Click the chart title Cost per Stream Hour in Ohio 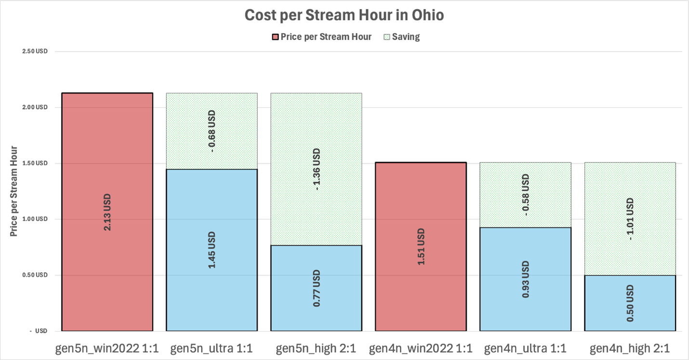tap(344, 15)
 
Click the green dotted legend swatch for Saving tap(387, 37)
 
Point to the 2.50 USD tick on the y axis tap(35, 52)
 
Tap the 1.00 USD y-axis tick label tap(35, 219)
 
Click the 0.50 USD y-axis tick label tap(35, 275)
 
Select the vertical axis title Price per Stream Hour tap(14, 191)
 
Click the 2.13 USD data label tap(107, 212)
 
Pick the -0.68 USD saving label tap(212, 131)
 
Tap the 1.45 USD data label tap(212, 250)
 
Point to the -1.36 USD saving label tap(316, 169)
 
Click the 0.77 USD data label tap(316, 288)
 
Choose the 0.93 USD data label tap(525, 280)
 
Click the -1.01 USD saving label tap(630, 219)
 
